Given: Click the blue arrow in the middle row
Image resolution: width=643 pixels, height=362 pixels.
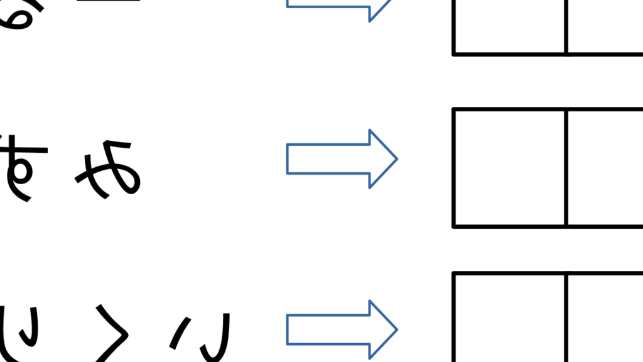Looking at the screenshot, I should pos(341,158).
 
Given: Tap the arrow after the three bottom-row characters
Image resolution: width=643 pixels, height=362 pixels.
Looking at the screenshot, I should pos(341,329).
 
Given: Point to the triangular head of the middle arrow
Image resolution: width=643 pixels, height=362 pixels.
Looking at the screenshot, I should pos(381,158).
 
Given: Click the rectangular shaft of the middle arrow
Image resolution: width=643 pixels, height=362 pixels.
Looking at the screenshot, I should pos(327,158).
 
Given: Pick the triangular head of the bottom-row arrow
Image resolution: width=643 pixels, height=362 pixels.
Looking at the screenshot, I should pos(381,329).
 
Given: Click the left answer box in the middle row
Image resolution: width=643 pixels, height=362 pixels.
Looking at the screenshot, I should pos(509,168).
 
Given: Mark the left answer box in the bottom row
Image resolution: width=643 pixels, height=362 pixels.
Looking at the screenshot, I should pos(509,318).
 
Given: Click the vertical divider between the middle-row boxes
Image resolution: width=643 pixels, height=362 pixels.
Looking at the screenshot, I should pos(566,168).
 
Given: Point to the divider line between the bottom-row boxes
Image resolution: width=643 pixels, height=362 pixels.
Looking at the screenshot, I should pos(566,318).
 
